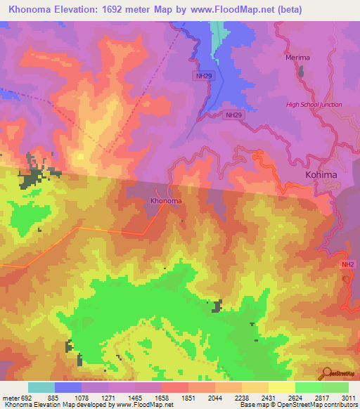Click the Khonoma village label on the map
166,201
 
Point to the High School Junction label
314,105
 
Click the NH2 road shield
347,264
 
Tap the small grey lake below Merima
302,71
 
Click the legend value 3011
348,397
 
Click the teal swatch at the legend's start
41,387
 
